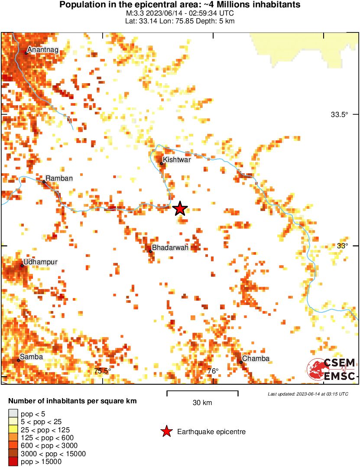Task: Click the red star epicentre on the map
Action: [180, 209]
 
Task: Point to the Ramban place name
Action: [59, 178]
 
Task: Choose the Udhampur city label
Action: [40, 262]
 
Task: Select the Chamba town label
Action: [256, 358]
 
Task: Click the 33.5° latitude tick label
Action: [339, 115]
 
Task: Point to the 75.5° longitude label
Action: [103, 371]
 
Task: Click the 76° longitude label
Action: [212, 371]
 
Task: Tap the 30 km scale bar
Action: [202, 393]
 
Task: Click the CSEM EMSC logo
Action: [331, 369]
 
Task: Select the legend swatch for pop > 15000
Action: [13, 462]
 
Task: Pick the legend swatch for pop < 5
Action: [13, 414]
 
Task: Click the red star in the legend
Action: [166, 431]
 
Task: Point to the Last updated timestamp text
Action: [308, 394]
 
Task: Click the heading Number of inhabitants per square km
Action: [72, 401]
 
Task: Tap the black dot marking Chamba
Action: [241, 362]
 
